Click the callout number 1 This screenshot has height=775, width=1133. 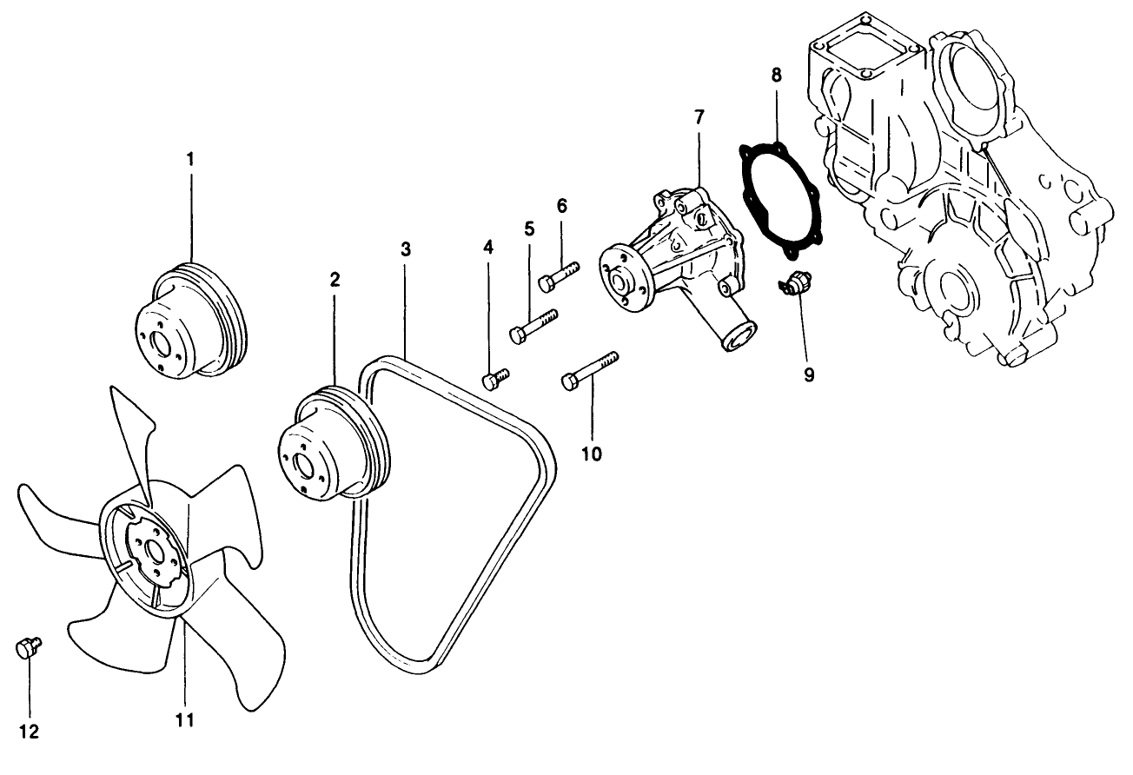190,159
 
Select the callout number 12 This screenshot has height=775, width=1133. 29,732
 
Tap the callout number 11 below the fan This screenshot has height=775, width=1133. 184,719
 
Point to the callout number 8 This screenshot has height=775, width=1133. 776,75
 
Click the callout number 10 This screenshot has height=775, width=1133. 592,453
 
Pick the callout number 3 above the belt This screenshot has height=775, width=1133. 405,248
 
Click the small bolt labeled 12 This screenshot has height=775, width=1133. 27,646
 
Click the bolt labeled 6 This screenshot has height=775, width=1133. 557,276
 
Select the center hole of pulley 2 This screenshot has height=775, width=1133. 304,464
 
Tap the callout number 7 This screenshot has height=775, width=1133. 699,116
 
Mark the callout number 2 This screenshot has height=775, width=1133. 334,279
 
